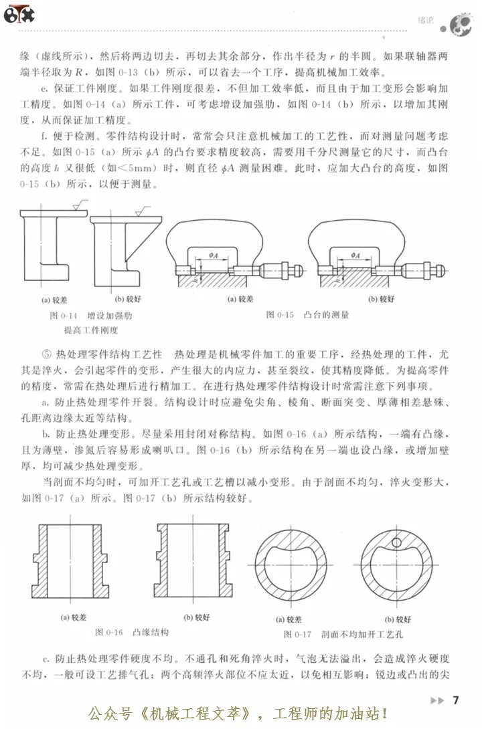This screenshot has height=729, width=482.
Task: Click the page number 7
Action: coord(456,700)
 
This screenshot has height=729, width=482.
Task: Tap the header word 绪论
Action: coord(426,21)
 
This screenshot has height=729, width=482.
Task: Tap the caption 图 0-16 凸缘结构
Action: coord(132,631)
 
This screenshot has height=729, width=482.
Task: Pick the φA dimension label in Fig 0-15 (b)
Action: coord(355,255)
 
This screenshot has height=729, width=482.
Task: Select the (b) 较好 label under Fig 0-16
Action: coord(198,617)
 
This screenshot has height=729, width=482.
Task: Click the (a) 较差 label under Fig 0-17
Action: coord(289,619)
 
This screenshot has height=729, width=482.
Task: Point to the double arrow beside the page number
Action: coord(436,701)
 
